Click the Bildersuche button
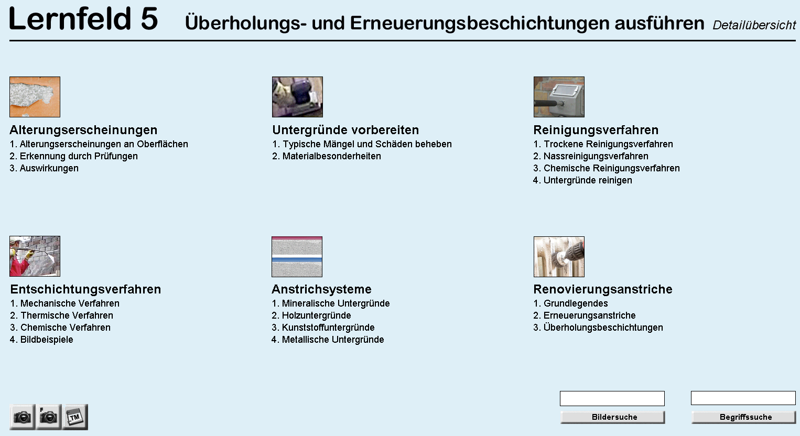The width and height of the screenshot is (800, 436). (612, 417)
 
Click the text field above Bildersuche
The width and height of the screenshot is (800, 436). (612, 398)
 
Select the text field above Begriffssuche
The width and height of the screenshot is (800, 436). (743, 398)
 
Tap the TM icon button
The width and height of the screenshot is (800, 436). (75, 417)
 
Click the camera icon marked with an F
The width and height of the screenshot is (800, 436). (49, 417)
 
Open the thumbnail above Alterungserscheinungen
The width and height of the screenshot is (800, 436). (35, 97)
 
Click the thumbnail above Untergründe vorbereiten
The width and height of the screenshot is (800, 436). (297, 97)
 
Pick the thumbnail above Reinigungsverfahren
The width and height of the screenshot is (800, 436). (559, 97)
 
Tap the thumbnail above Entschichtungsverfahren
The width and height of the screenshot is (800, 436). (35, 256)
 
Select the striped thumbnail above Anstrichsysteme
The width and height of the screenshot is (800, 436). (297, 257)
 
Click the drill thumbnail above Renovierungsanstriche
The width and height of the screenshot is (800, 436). (559, 257)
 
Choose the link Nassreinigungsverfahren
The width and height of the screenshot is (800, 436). (596, 156)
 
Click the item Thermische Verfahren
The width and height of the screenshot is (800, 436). (67, 315)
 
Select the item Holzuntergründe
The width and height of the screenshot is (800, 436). (316, 315)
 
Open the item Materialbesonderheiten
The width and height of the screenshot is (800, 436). (331, 156)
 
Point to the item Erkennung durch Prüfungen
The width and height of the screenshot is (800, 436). (79, 156)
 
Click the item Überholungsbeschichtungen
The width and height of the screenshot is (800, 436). (603, 328)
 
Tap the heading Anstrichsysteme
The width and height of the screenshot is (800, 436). (321, 289)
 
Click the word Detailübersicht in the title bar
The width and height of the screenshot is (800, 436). (754, 25)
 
